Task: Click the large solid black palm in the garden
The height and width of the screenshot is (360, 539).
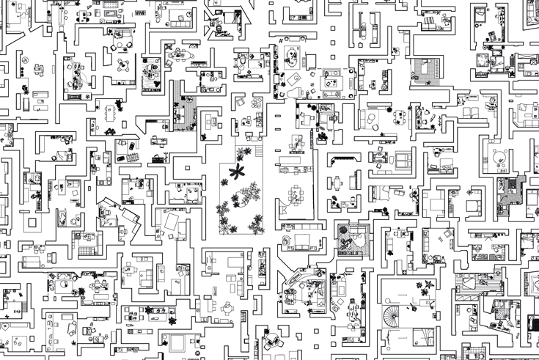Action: point(236,173)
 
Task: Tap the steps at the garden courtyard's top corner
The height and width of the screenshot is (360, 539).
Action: point(259,150)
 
